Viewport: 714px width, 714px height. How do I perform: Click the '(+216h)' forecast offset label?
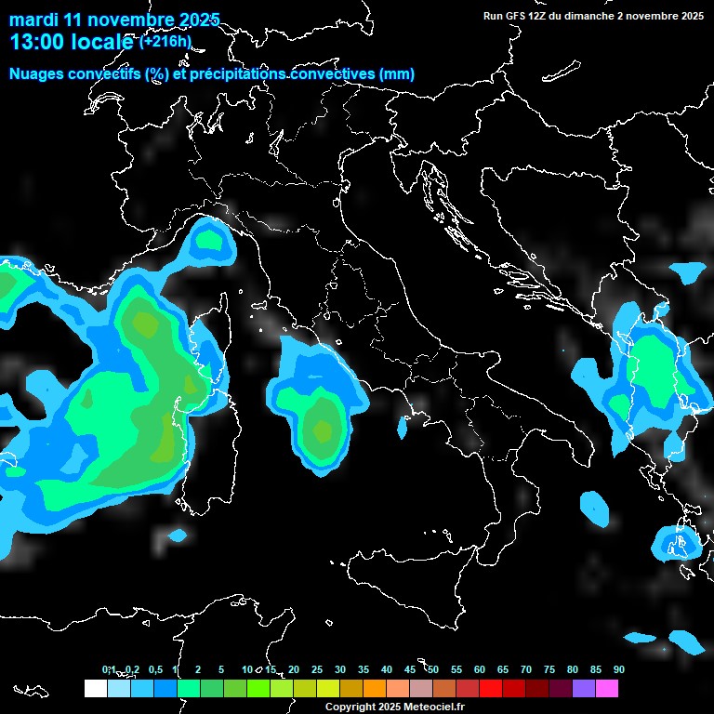(166, 42)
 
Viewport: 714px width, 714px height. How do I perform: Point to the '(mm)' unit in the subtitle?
(397, 74)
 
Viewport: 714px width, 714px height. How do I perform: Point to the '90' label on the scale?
(618, 669)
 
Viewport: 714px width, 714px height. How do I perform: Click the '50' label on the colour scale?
(433, 669)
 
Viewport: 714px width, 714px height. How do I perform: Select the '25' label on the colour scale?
(317, 669)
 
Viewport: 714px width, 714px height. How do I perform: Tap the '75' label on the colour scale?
(549, 669)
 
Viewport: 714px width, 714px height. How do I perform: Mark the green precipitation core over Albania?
(654, 367)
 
